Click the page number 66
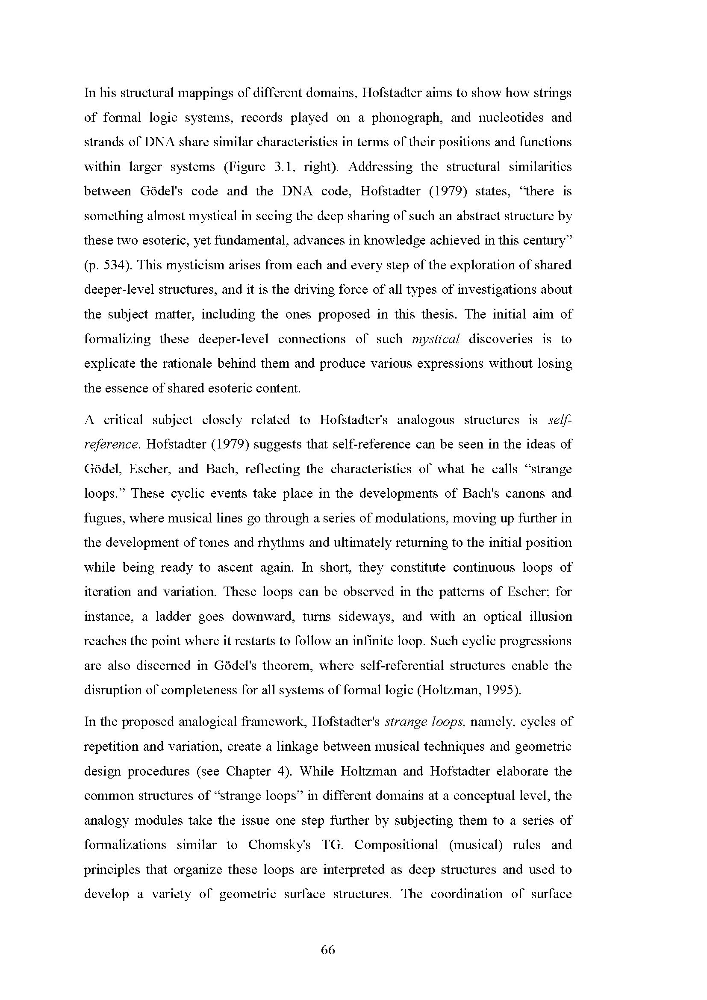coord(328,950)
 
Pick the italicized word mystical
coord(435,339)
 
